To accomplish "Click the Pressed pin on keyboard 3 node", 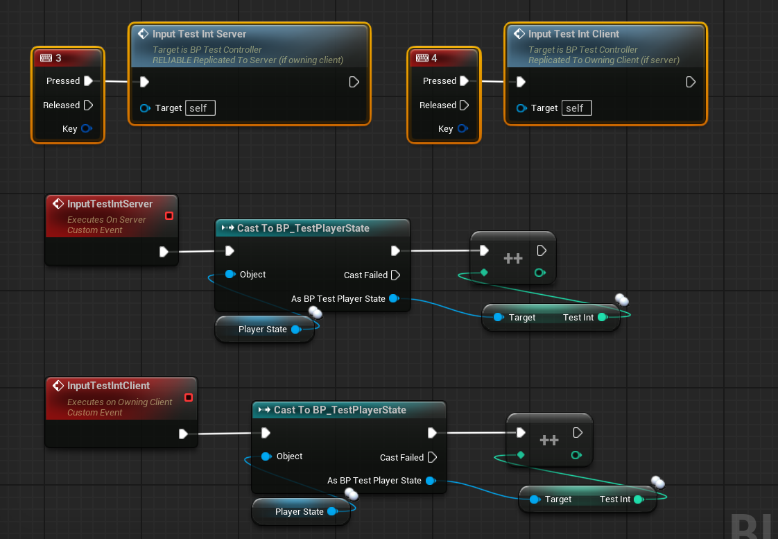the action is [x=88, y=81].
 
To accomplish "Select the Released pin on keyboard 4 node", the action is [x=465, y=105].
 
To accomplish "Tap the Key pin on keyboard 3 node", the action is [x=87, y=128].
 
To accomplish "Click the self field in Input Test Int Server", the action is [x=200, y=108].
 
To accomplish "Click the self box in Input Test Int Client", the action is [x=576, y=108].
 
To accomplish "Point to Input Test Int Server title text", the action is [x=200, y=34].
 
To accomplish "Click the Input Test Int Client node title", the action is [x=573, y=34].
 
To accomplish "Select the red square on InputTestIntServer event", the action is [x=169, y=216].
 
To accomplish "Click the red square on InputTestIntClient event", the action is [x=189, y=397].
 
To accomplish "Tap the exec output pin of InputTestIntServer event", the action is [x=164, y=252].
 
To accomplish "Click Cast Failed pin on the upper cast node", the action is [x=395, y=275].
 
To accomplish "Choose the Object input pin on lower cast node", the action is [x=266, y=456].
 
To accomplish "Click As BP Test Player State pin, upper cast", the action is [x=394, y=298].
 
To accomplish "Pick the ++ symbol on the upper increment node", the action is [x=513, y=258].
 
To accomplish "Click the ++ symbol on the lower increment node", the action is [x=549, y=440].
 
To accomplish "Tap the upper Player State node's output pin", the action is [x=296, y=330].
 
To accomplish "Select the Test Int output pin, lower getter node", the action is [x=639, y=499].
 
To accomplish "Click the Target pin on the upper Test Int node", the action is [x=499, y=317].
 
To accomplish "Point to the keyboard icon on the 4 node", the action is [x=422, y=58].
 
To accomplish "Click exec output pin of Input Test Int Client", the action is [x=691, y=82].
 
